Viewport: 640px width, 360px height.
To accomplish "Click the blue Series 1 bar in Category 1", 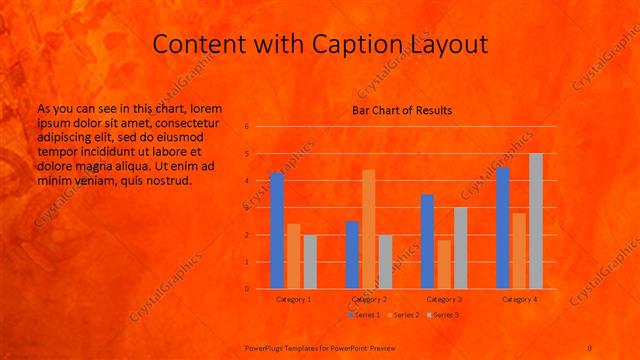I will pyautogui.click(x=277, y=231).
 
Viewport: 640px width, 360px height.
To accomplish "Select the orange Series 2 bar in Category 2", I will pyautogui.click(x=368, y=229).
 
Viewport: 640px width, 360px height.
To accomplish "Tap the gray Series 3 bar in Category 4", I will pyautogui.click(x=535, y=221).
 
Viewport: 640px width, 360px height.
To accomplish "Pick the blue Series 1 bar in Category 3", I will pyautogui.click(x=427, y=241).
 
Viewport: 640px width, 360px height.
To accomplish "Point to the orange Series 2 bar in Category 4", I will pyautogui.click(x=519, y=251).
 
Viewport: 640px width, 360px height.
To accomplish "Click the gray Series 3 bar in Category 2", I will pyautogui.click(x=384, y=262).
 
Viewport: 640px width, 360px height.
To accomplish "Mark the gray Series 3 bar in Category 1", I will pyautogui.click(x=309, y=262).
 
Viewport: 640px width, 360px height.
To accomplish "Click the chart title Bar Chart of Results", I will pyautogui.click(x=402, y=110).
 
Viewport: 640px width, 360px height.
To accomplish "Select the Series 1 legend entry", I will pyautogui.click(x=364, y=315).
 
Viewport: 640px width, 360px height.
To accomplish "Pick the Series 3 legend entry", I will pyautogui.click(x=442, y=315).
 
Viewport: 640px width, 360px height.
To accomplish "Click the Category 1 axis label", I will pyautogui.click(x=293, y=299).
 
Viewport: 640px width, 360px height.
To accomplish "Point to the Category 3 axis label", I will pyautogui.click(x=444, y=299).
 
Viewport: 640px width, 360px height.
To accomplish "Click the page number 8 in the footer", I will pyautogui.click(x=590, y=347).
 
